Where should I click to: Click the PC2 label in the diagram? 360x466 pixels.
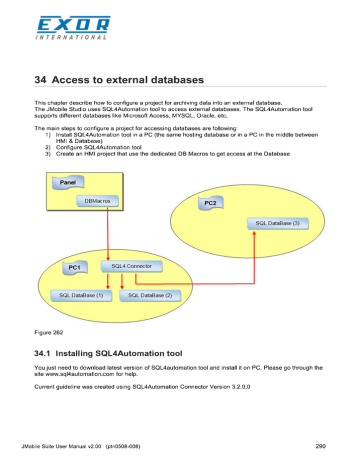[211, 203]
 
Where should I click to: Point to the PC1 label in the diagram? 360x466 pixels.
[73, 268]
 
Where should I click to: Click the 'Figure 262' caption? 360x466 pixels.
[51, 328]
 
